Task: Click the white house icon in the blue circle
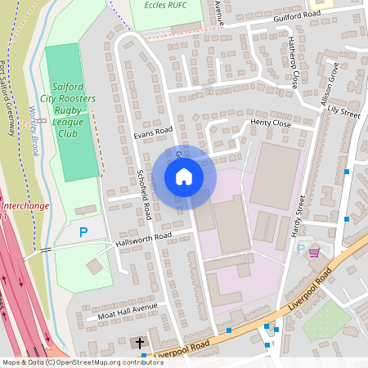(x=184, y=176)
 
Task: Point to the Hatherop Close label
(x=292, y=65)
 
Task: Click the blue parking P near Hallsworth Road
(x=83, y=232)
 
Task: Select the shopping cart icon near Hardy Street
(x=314, y=253)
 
